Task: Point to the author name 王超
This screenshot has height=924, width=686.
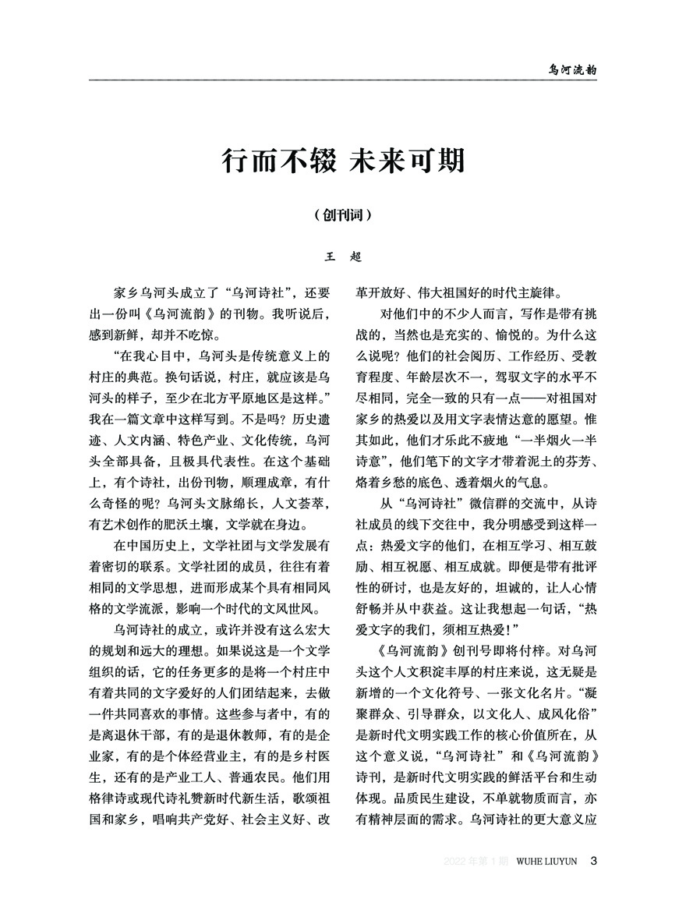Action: [342, 255]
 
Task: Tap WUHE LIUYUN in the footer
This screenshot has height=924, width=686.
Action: [546, 861]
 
